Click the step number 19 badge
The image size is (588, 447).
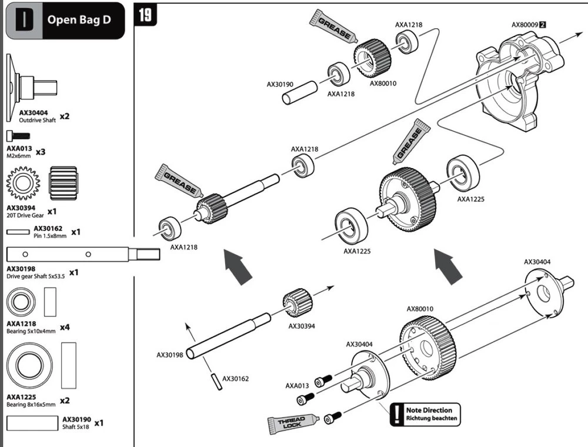[145, 15]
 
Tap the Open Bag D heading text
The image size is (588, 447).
[79, 19]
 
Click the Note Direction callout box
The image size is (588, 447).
[425, 415]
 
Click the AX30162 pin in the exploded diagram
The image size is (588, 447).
[216, 382]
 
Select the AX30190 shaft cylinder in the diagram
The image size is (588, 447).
[300, 92]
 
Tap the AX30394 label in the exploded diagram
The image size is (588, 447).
[302, 326]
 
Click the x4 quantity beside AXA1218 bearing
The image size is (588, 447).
[65, 327]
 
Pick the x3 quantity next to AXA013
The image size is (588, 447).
[41, 152]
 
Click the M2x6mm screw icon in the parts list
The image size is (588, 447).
[18, 135]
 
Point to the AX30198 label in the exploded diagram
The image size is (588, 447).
[170, 355]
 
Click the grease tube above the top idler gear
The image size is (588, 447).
[333, 25]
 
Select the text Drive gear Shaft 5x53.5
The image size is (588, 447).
[36, 276]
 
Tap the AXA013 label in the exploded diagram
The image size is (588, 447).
[297, 385]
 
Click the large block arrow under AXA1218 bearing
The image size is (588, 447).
[238, 266]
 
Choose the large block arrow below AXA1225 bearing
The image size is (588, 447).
[449, 266]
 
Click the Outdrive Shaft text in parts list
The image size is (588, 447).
[37, 121]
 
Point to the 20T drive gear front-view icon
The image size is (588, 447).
[24, 184]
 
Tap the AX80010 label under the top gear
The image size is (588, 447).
[383, 84]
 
